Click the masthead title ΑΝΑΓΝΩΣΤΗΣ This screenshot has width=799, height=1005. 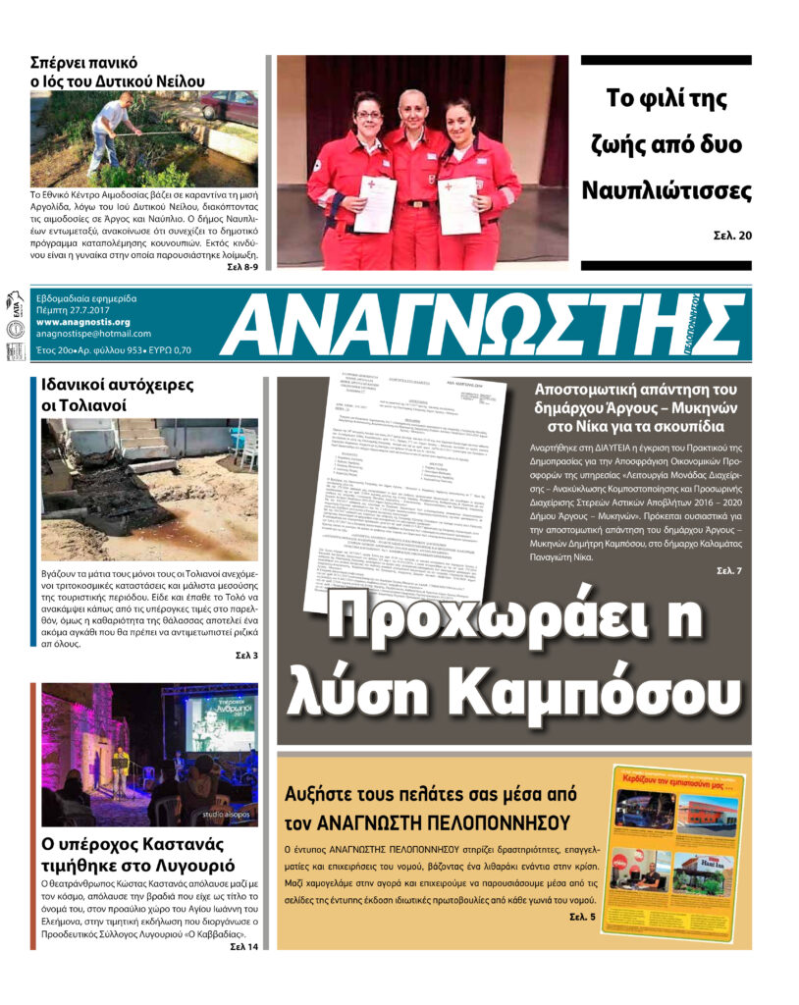pos(481,325)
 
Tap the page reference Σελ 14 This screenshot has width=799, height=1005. pos(243,946)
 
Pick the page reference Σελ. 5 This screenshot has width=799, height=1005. pos(582,917)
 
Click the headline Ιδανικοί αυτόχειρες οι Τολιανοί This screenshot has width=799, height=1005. pos(118,395)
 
